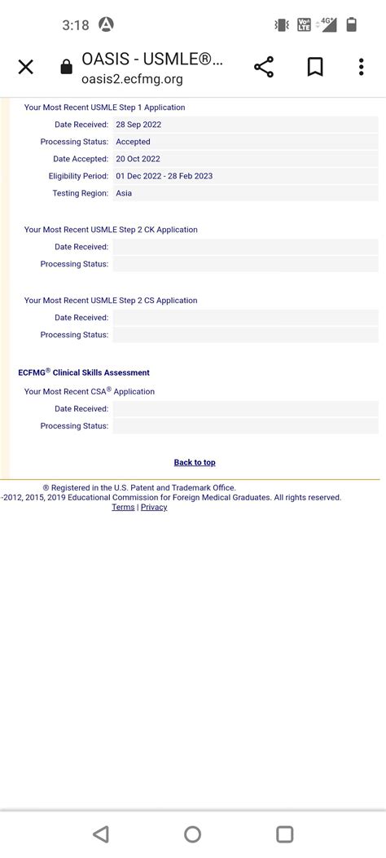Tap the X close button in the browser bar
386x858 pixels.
[x=26, y=67]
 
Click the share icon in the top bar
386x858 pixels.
[x=264, y=67]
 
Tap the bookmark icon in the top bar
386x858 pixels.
[x=315, y=67]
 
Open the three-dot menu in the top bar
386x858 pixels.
[x=361, y=67]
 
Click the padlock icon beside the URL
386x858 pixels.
[x=67, y=68]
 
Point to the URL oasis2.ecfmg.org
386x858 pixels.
[x=132, y=79]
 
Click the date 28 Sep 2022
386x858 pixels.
[x=138, y=125]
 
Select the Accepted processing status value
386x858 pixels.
[x=133, y=142]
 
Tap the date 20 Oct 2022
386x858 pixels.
[x=138, y=159]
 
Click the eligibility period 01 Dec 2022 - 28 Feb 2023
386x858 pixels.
[x=164, y=176]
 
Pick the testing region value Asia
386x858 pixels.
[x=124, y=193]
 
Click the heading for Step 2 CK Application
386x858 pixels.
[x=111, y=230]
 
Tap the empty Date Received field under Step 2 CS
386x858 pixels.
[x=245, y=318]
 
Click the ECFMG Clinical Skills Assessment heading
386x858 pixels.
[x=84, y=372]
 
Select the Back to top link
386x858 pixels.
[x=195, y=463]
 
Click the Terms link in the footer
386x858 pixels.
[x=123, y=507]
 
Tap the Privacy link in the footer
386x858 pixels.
[x=154, y=507]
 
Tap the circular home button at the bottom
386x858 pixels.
[x=193, y=834]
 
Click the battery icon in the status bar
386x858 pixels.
[x=351, y=24]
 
